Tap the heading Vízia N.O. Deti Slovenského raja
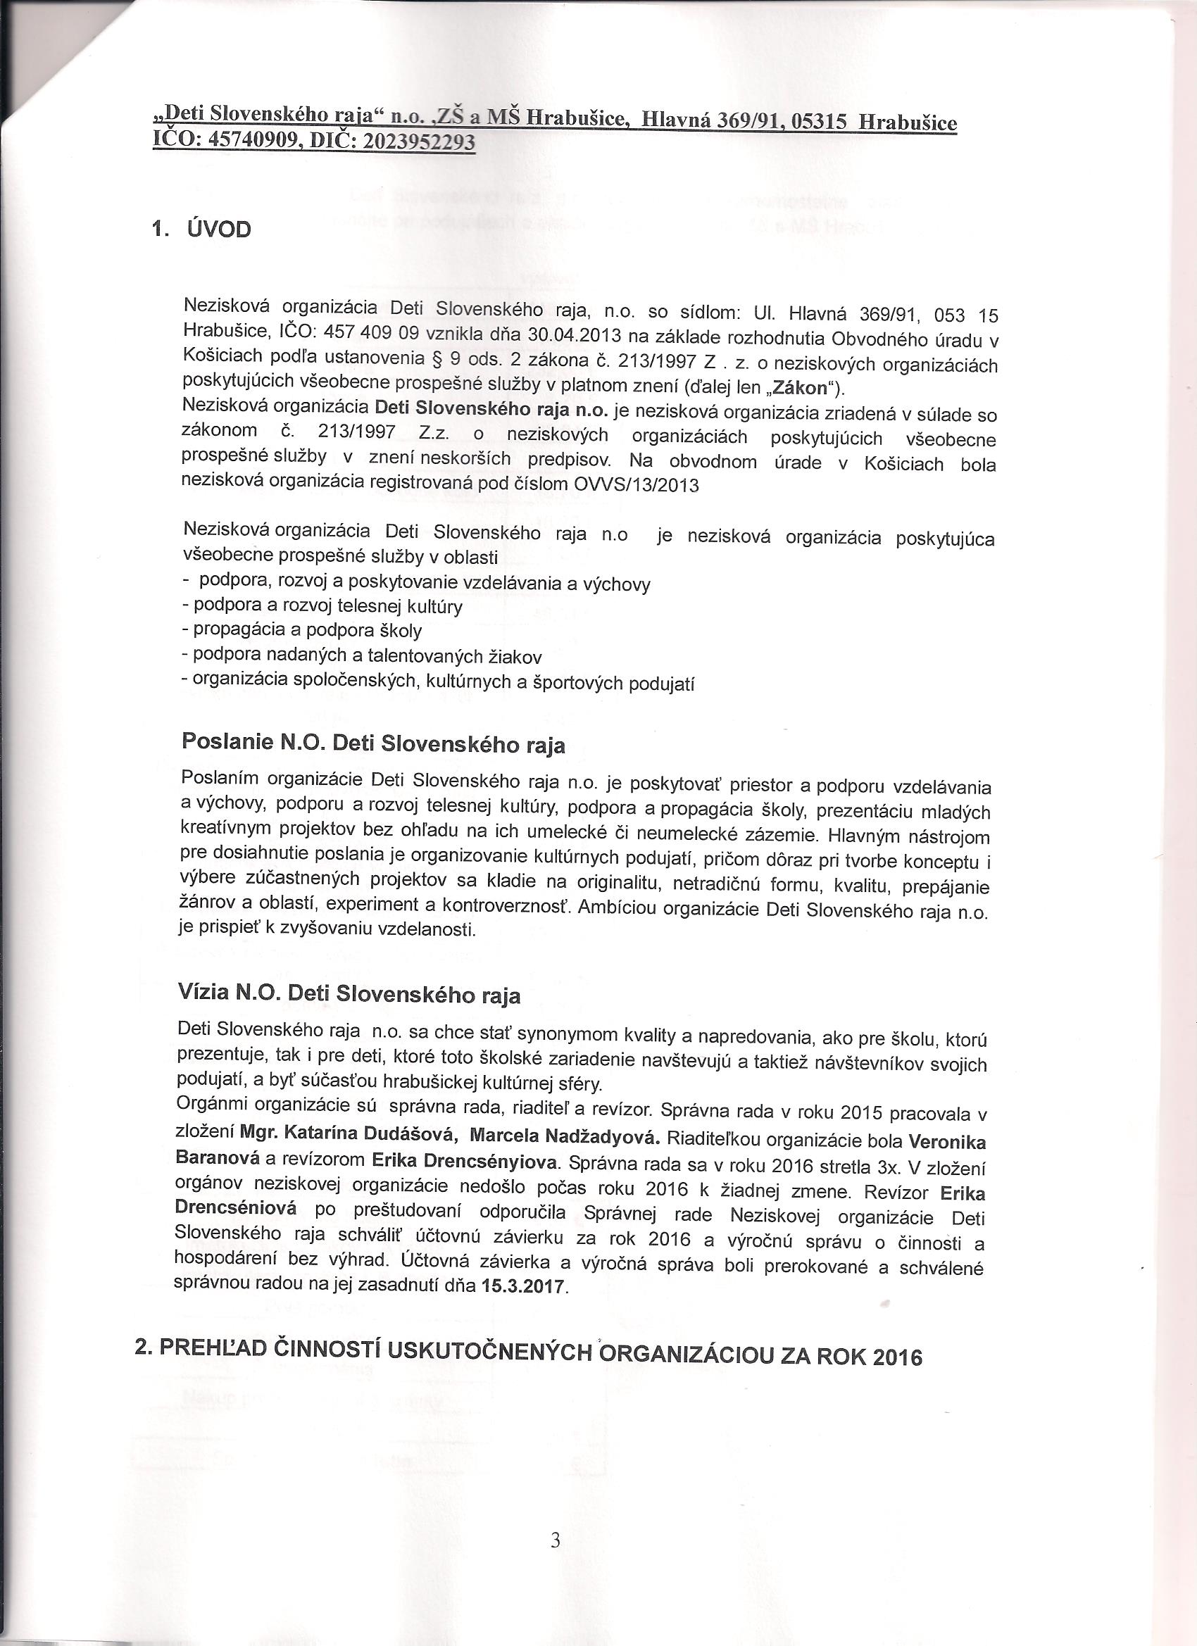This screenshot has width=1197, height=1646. (349, 993)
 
